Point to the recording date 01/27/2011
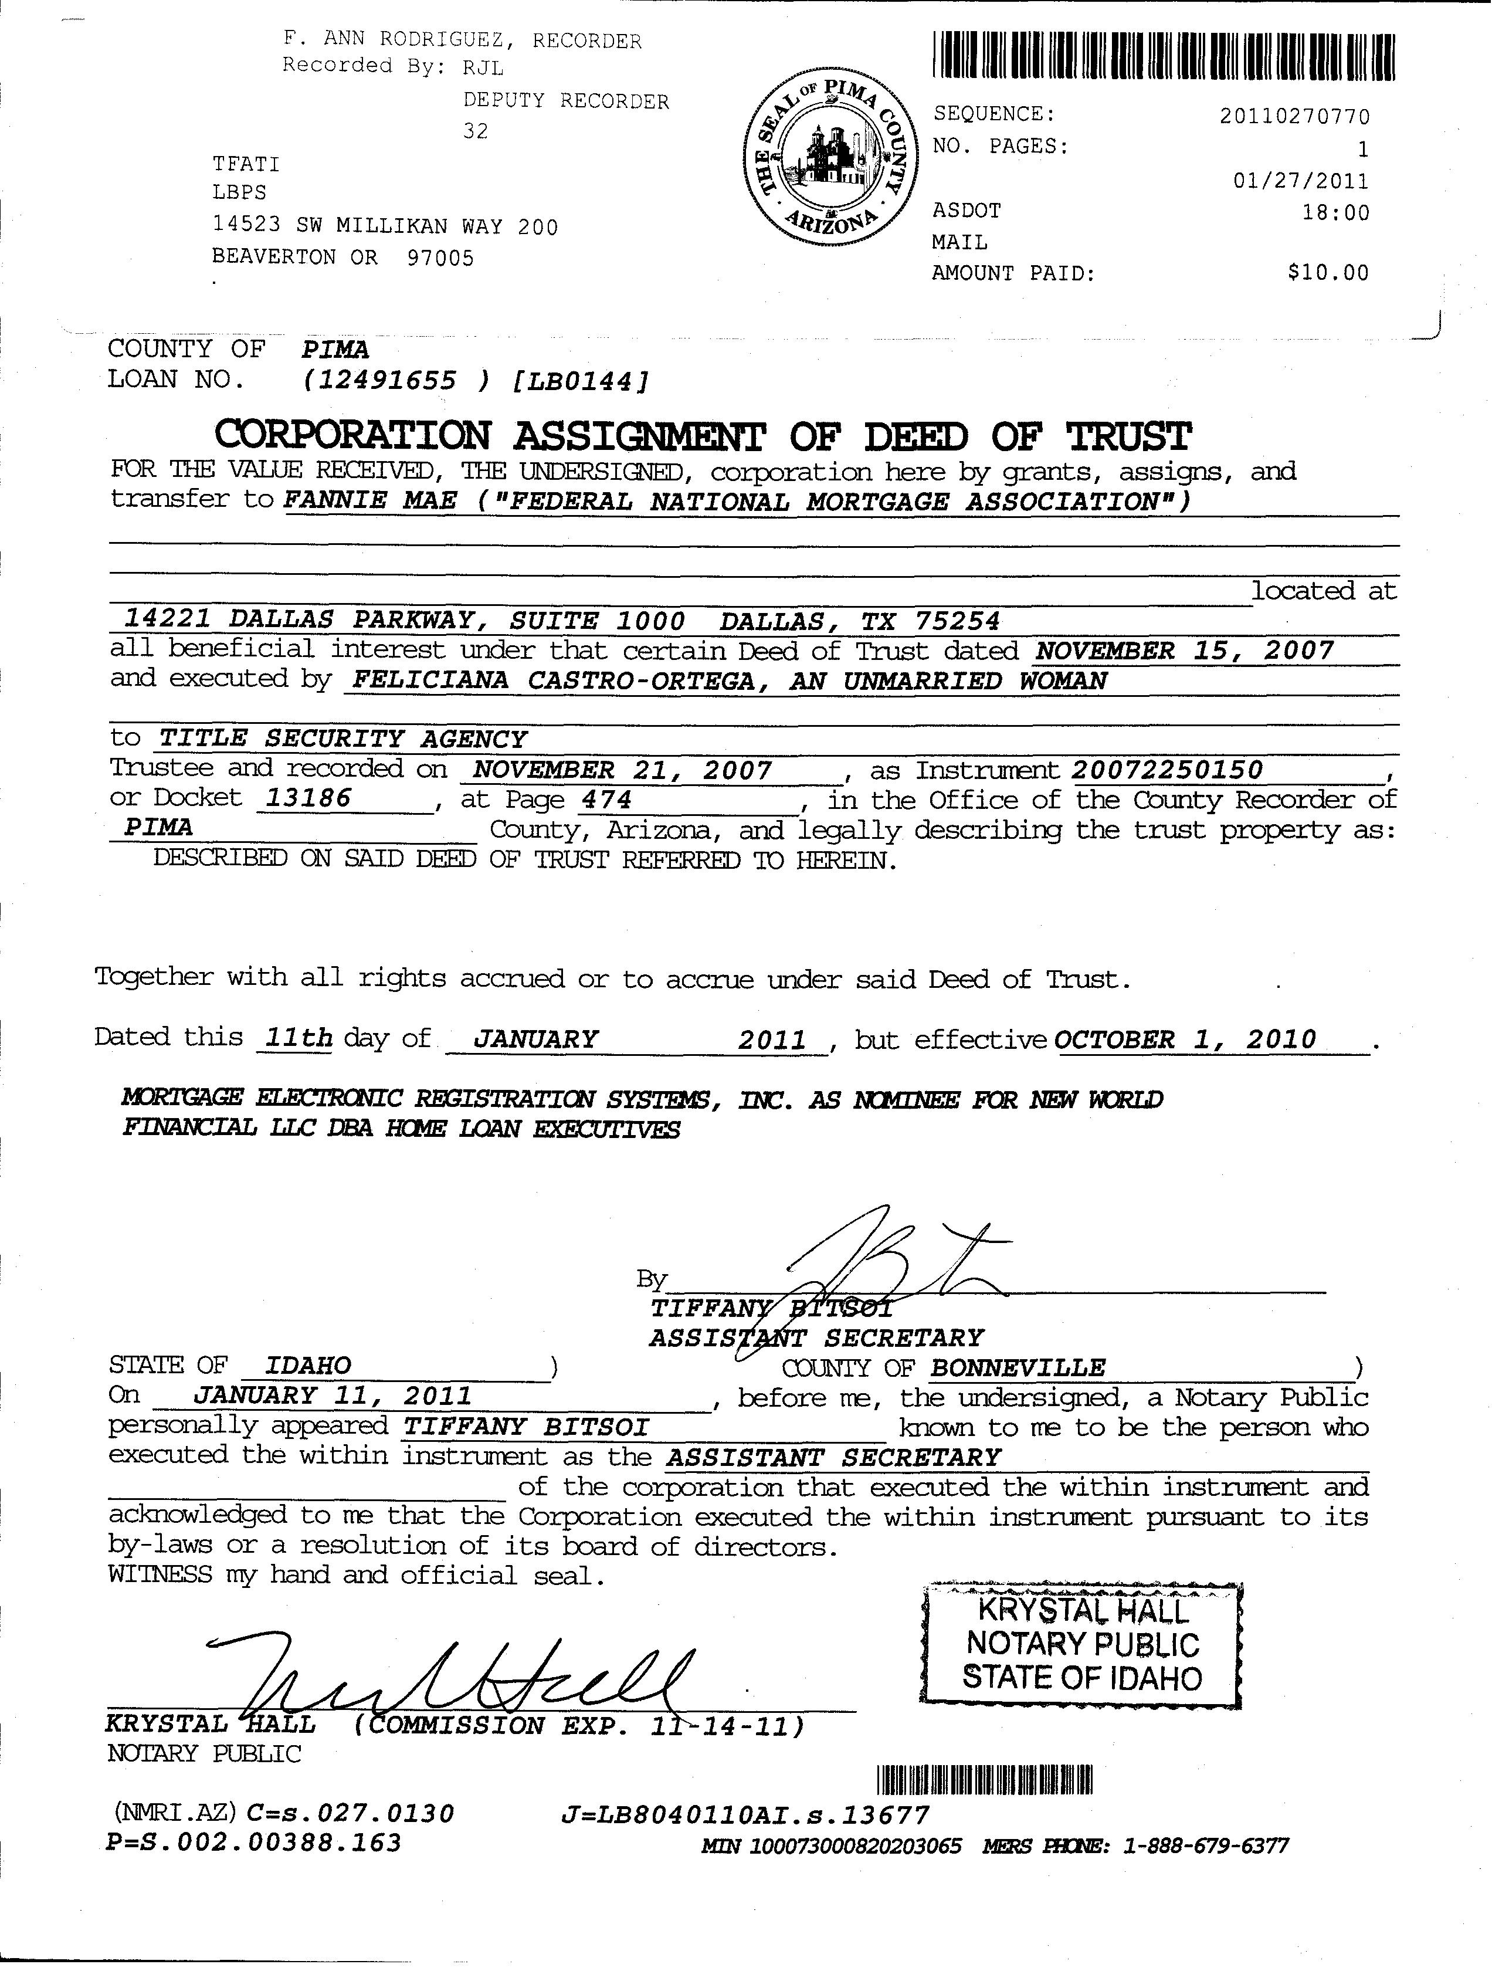click(x=1300, y=181)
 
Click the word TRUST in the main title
click(x=1128, y=436)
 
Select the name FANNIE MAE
click(x=369, y=501)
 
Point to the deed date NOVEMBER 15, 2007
click(x=1185, y=651)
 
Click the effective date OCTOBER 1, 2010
click(x=1185, y=1040)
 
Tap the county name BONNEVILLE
click(x=1017, y=1368)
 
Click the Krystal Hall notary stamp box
click(x=1081, y=1644)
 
